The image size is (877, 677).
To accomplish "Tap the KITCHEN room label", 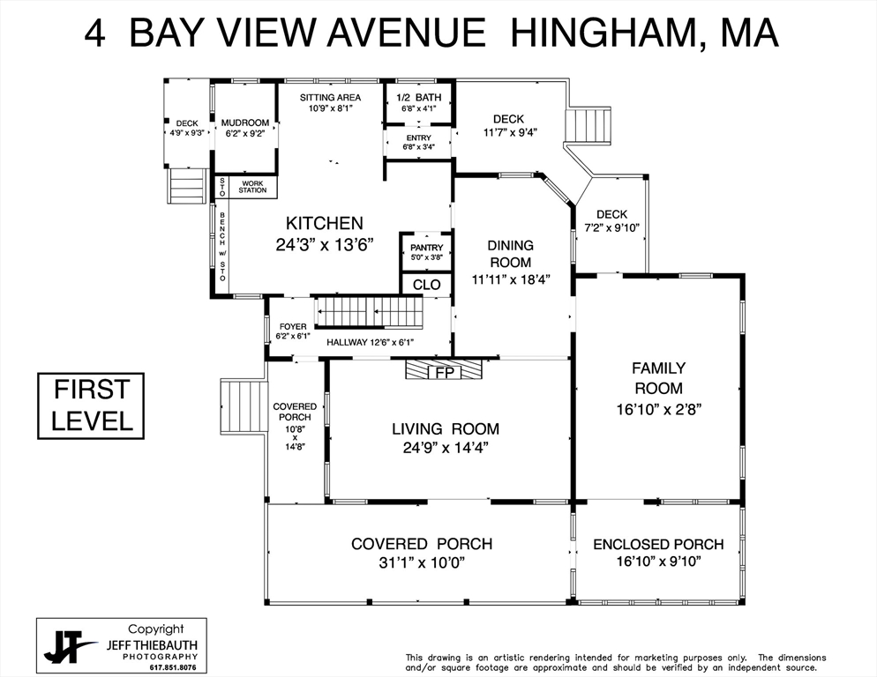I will coord(324,224).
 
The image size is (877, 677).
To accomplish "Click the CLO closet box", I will coord(426,285).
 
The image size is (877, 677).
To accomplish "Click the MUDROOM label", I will coord(244,123).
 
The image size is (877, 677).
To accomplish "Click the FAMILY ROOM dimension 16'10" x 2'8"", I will coord(658,409).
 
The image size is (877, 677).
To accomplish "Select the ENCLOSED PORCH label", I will coord(658,544).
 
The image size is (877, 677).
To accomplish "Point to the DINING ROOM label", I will coord(510,254).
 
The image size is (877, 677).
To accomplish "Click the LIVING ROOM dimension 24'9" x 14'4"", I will coord(446,448).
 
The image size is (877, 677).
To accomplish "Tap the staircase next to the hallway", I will coord(369,311).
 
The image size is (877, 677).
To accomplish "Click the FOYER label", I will coord(293,326).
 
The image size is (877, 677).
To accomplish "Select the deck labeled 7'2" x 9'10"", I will coord(611,227).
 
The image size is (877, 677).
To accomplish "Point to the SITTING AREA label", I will coord(331,97).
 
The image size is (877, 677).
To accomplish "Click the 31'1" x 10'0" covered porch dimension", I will coord(421,562).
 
